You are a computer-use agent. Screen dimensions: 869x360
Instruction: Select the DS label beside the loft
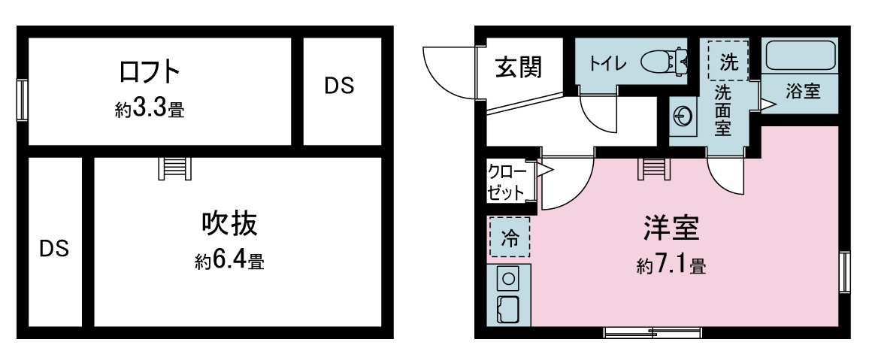click(x=339, y=86)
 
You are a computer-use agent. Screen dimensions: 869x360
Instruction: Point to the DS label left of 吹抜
click(x=54, y=249)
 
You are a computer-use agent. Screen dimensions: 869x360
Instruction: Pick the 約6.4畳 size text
click(x=229, y=261)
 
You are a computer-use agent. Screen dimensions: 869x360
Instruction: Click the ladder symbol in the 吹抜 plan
click(x=174, y=168)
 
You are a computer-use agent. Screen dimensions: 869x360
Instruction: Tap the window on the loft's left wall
click(x=22, y=100)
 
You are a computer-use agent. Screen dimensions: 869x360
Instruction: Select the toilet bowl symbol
click(x=665, y=62)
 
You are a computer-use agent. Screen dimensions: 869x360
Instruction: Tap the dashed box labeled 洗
click(x=728, y=62)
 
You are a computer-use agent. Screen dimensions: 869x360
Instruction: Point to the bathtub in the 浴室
click(x=799, y=56)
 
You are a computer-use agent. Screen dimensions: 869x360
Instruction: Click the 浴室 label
click(x=803, y=92)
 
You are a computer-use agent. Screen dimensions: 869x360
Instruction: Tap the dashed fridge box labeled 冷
click(x=510, y=237)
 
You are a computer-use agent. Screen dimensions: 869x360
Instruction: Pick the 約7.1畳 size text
click(x=671, y=266)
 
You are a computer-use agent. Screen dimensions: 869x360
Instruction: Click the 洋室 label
click(x=671, y=228)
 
